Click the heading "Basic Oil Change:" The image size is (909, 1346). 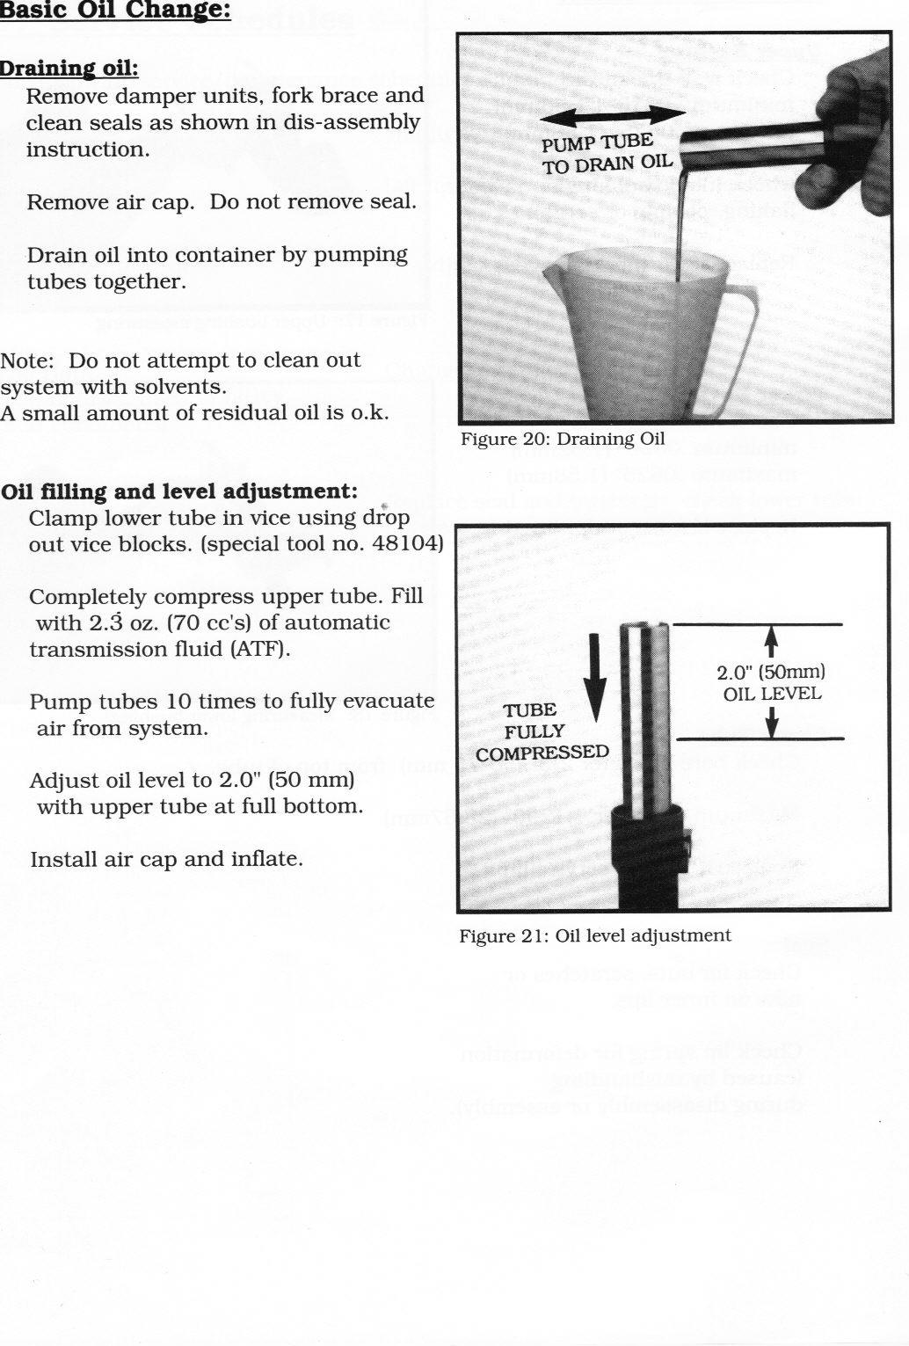coord(115,12)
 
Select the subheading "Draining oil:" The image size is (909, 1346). coord(69,69)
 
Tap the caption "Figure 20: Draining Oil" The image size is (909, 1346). coord(563,439)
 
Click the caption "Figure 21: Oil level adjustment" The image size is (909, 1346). coord(595,935)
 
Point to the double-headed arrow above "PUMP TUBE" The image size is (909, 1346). coord(613,115)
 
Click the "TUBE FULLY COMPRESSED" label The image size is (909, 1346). coord(541,731)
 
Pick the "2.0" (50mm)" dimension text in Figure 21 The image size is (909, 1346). coord(770,673)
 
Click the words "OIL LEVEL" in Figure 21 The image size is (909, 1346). coord(772,694)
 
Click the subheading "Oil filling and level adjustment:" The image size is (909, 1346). coord(179,491)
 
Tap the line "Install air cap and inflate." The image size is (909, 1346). coord(167,859)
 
